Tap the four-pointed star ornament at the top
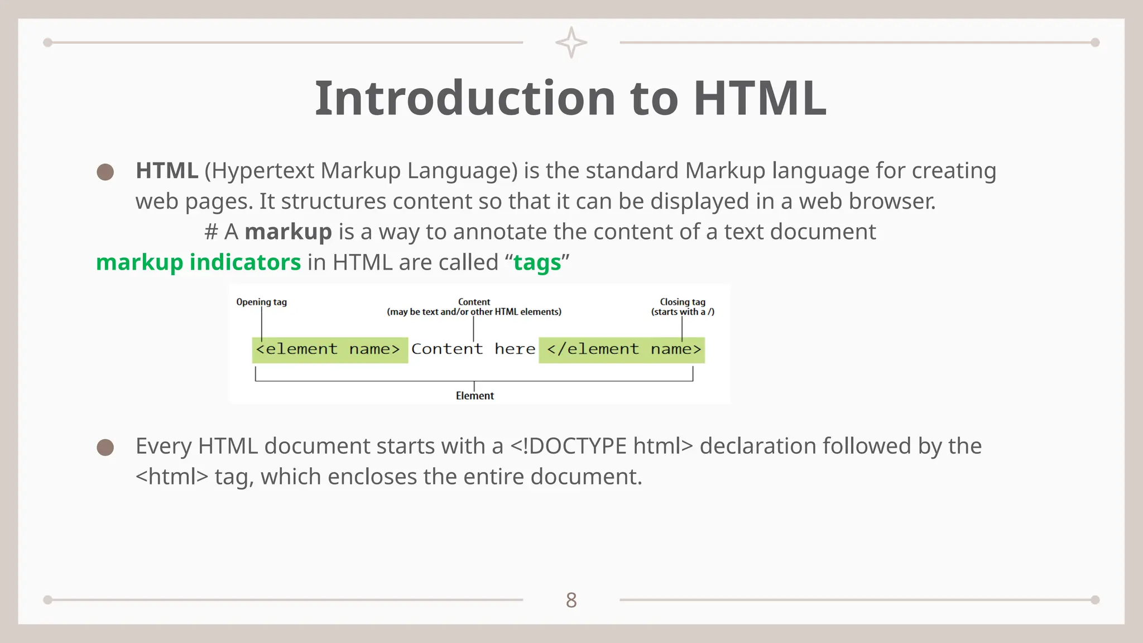click(x=571, y=42)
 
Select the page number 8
click(x=571, y=600)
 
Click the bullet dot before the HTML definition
click(x=105, y=171)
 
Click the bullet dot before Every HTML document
click(x=105, y=447)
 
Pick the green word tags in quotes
click(x=537, y=262)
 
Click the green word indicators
click(x=245, y=262)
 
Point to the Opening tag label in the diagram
click(x=261, y=302)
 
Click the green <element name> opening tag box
click(x=329, y=350)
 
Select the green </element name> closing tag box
click(x=622, y=350)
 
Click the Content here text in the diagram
click(x=473, y=349)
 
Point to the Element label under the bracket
click(x=474, y=396)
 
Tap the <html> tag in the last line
click(x=171, y=477)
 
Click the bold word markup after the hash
click(x=288, y=232)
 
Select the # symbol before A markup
click(x=211, y=232)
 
